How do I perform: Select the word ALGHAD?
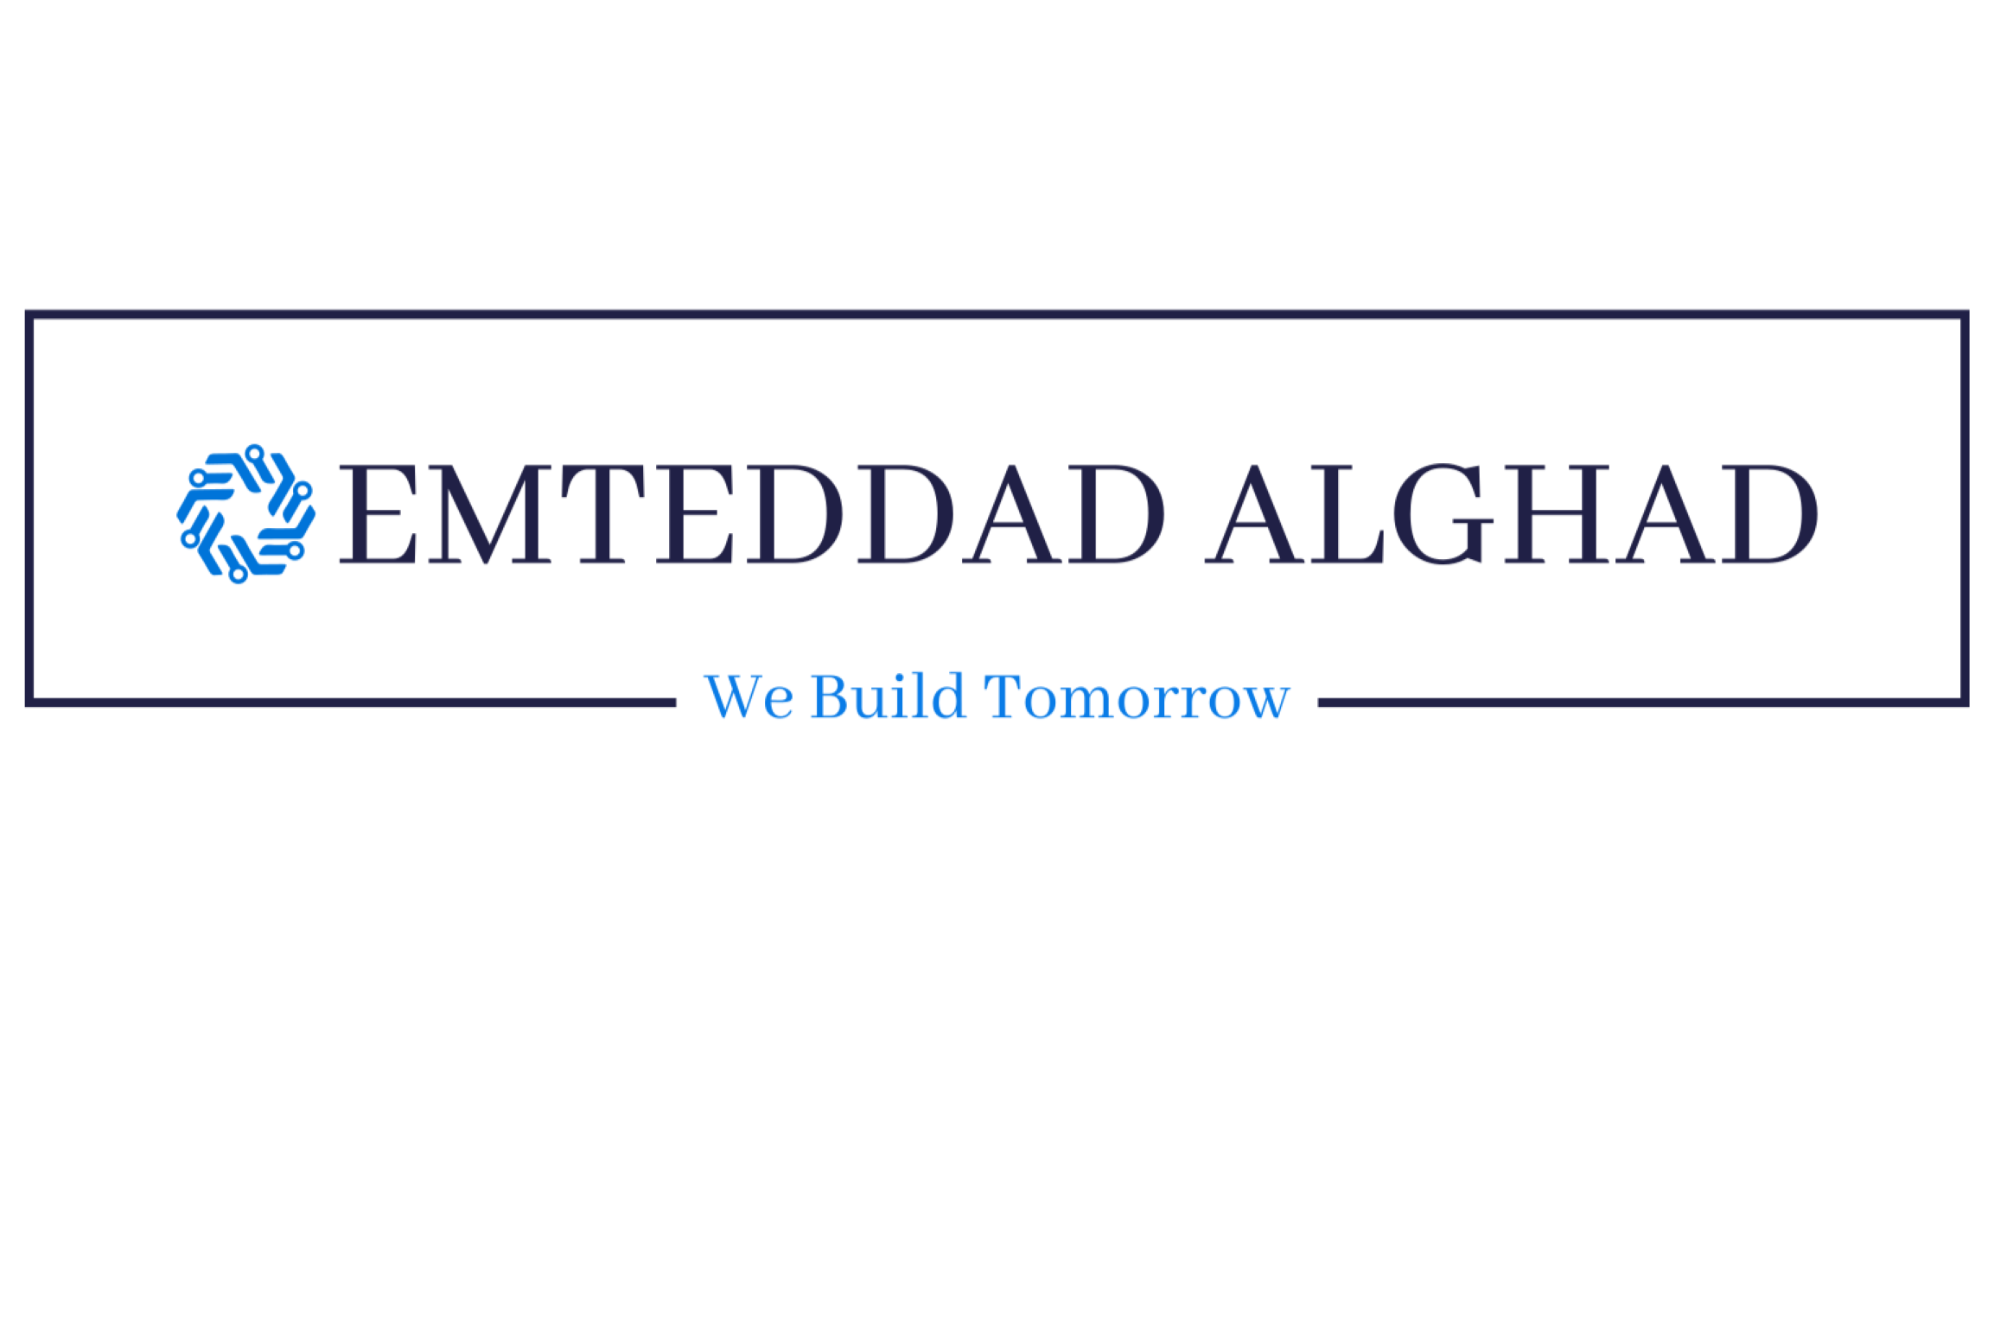point(1512,514)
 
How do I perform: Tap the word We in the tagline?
point(749,697)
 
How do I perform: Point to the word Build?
point(888,696)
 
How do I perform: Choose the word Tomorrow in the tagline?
point(1137,696)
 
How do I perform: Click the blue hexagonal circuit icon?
point(246,514)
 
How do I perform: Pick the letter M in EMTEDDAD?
point(489,514)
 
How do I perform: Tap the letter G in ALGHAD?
point(1443,514)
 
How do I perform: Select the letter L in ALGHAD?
point(1347,514)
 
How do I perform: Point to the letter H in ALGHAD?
point(1557,514)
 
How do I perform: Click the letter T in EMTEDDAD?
point(602,514)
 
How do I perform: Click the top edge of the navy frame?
point(997,315)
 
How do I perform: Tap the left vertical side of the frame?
point(29,508)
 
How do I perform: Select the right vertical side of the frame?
point(1965,508)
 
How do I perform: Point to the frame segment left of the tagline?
point(351,703)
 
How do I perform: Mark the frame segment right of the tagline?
point(1644,703)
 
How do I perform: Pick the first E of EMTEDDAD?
point(379,514)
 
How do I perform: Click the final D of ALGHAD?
point(1770,514)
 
